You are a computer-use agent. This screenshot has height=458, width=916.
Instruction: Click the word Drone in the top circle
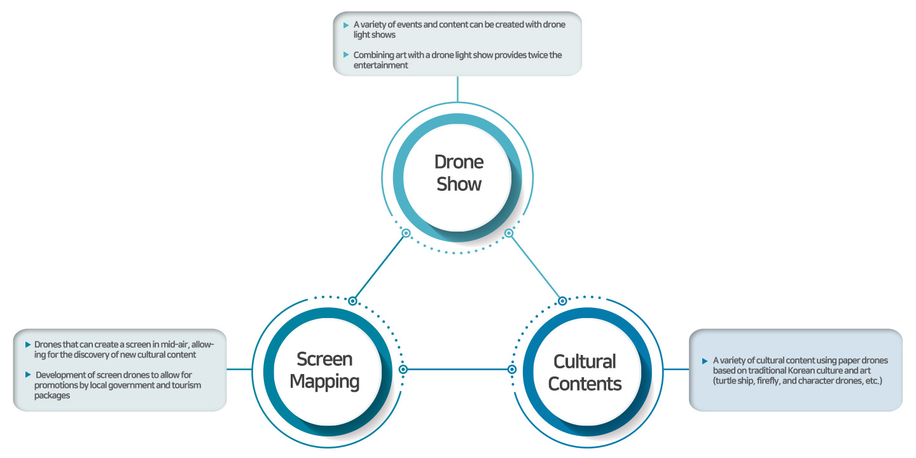pos(459,162)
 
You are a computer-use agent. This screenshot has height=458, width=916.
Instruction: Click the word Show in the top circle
pos(459,184)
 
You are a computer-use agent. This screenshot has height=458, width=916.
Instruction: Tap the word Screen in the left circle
pos(324,359)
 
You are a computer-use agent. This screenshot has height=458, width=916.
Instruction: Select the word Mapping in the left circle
pos(324,382)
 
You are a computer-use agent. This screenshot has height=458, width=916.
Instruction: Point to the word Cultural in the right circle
pos(585,361)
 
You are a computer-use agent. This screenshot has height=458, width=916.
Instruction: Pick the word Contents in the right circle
pos(585,384)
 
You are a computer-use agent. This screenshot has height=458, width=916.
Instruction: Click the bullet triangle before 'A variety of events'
pos(346,25)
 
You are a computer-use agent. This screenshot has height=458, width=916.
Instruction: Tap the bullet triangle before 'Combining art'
pos(346,55)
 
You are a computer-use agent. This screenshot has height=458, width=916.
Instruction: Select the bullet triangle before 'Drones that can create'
pos(28,345)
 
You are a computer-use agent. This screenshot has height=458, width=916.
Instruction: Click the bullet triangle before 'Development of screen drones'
pos(28,375)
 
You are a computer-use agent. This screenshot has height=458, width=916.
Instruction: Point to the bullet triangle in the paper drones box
pos(705,361)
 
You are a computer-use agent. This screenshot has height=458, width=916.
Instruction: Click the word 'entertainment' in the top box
pos(380,66)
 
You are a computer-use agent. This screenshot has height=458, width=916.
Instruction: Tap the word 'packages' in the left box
pos(52,396)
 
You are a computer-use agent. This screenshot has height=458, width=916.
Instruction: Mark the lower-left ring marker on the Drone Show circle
pos(406,233)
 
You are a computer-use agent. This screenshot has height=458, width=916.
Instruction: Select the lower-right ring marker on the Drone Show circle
pos(509,233)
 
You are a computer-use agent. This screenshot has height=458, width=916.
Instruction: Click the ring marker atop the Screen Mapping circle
pos(352,301)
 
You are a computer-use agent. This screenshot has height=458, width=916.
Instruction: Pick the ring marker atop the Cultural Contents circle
pos(562,301)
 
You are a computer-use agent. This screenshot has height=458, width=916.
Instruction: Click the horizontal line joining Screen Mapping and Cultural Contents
pos(457,369)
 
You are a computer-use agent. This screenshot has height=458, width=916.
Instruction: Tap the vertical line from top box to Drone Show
pos(457,89)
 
